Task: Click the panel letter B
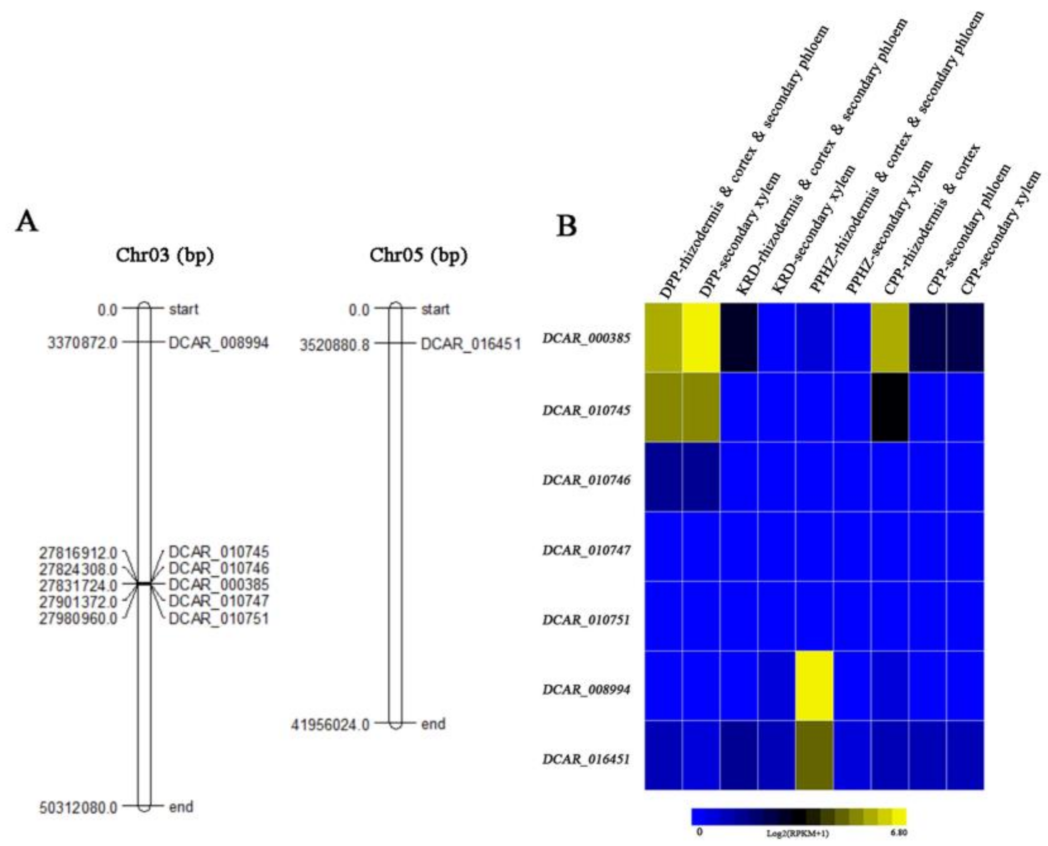567,226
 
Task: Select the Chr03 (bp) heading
165,256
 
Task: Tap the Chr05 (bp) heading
417,256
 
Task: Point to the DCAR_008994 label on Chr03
218,343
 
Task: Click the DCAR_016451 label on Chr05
471,345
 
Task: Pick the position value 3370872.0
82,343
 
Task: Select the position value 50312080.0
78,808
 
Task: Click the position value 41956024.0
330,725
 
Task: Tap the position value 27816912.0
78,553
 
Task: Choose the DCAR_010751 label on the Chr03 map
218,619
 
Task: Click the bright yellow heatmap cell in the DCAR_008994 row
814,685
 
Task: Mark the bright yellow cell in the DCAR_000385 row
700,338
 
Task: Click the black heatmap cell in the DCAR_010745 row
890,407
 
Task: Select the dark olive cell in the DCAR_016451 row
814,755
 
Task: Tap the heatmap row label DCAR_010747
587,550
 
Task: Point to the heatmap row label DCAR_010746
587,480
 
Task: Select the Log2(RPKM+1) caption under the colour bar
797,833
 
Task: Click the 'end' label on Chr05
433,724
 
